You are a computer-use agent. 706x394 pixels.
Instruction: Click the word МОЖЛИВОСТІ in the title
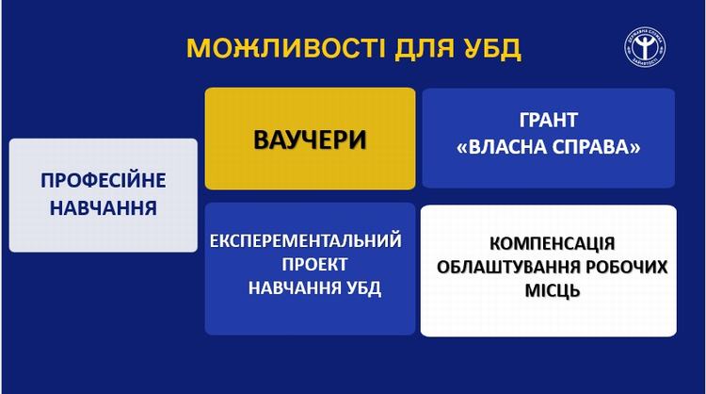click(286, 48)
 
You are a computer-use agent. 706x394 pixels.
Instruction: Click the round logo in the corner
click(645, 47)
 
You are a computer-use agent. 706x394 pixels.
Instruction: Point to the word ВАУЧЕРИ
click(310, 140)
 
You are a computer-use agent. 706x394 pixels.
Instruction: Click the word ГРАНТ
click(549, 121)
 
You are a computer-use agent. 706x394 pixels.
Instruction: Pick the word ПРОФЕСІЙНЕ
click(104, 181)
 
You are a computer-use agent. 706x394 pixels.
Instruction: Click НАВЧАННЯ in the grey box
click(104, 208)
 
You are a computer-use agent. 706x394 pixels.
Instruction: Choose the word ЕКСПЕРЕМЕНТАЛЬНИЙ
click(306, 240)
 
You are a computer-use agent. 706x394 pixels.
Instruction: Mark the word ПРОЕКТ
click(314, 265)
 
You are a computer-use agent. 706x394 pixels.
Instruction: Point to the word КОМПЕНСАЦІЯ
click(552, 244)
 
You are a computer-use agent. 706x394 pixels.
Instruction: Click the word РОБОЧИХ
click(627, 268)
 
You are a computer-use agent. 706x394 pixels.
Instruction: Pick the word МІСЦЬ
click(553, 290)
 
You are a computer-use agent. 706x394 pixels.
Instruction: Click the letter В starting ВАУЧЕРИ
click(261, 140)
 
